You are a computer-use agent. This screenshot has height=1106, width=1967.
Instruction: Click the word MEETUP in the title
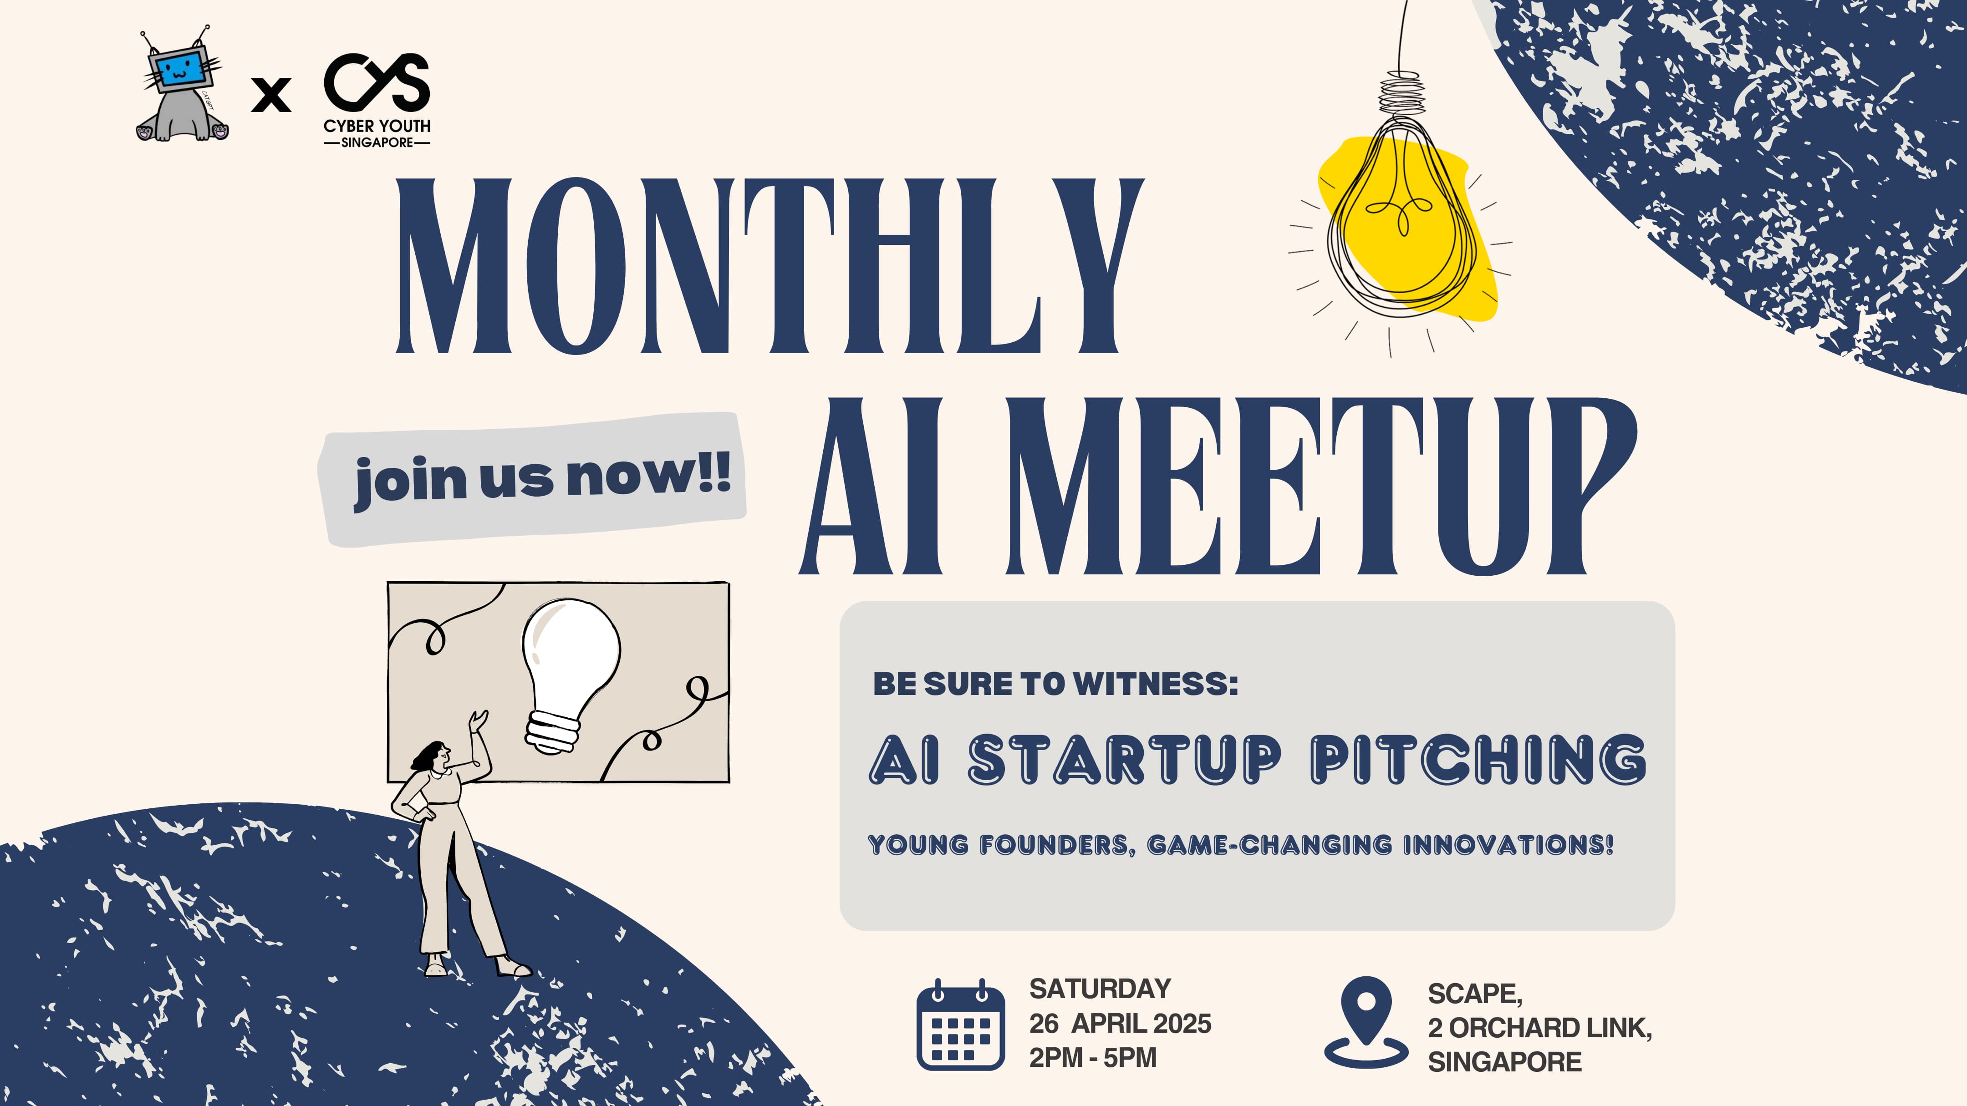(1321, 486)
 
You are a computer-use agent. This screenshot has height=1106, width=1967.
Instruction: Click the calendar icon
(961, 1024)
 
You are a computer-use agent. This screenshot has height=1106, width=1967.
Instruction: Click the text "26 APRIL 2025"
(1120, 1024)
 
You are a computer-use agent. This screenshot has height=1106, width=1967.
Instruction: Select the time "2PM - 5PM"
(1093, 1058)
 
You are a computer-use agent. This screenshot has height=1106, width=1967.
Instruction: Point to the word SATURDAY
(1101, 989)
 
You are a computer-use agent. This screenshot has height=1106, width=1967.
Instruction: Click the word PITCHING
(1478, 760)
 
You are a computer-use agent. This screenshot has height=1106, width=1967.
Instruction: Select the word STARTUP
(1125, 760)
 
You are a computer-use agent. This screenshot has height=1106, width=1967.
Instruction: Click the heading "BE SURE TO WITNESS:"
(1055, 684)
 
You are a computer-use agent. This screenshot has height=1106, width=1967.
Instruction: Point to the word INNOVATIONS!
(1508, 845)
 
